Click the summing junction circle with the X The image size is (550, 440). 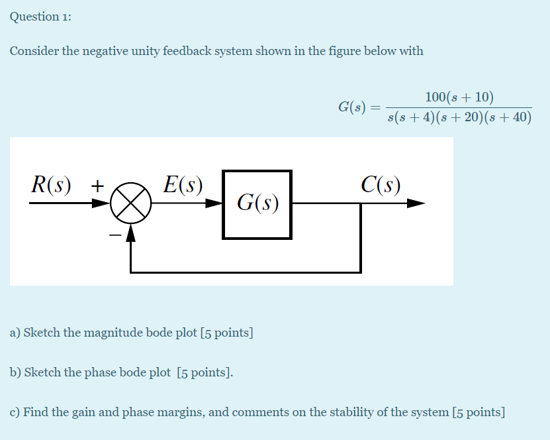130,204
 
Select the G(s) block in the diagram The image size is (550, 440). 257,204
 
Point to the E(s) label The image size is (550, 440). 183,185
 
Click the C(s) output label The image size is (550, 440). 381,185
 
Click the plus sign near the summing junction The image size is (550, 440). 97,186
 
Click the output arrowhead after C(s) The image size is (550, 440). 415,204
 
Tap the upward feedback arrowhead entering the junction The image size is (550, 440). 130,230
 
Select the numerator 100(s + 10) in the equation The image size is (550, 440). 459,97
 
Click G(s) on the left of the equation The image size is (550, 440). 352,107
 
